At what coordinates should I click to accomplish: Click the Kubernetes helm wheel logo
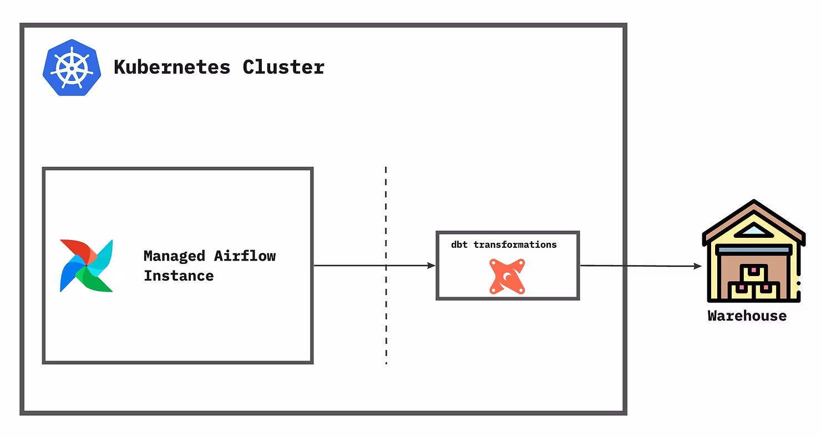(x=72, y=67)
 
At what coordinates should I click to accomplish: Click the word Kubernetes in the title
(x=172, y=67)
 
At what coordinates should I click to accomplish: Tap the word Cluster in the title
(x=283, y=67)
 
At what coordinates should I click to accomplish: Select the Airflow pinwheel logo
(x=87, y=266)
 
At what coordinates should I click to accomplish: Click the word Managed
(x=174, y=256)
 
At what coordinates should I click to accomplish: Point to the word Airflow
(x=245, y=256)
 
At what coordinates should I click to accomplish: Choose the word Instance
(x=179, y=276)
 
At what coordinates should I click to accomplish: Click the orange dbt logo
(x=507, y=276)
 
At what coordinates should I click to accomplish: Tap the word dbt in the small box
(x=460, y=245)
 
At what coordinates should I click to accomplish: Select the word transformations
(x=515, y=245)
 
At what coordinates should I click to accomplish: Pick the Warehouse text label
(x=747, y=316)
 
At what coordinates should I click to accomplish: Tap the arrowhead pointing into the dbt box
(x=432, y=266)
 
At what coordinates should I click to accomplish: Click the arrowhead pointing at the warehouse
(x=698, y=266)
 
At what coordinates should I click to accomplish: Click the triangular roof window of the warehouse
(x=753, y=230)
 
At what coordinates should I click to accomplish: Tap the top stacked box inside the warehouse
(x=753, y=273)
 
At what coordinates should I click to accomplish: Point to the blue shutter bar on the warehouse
(x=753, y=250)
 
